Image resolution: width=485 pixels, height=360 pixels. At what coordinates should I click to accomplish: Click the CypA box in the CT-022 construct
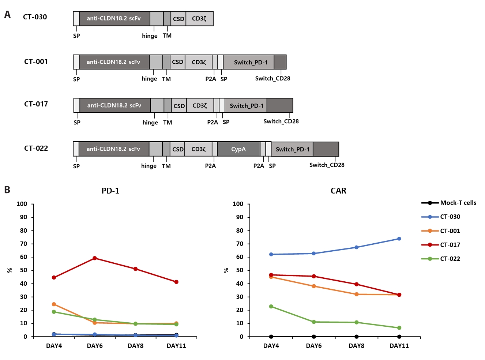pos(238,149)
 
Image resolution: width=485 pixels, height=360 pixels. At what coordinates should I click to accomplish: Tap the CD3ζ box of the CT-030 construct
pos(199,19)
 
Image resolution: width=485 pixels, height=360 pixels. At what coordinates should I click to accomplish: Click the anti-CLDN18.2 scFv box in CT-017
pos(114,105)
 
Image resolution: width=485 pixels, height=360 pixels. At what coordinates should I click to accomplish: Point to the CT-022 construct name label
pos(36,148)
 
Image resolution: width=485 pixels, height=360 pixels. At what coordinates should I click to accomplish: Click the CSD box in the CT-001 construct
pos(178,62)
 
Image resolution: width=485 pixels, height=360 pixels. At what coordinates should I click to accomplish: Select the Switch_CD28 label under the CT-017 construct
pos(281,121)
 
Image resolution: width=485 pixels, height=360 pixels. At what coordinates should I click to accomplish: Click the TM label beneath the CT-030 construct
pos(167,36)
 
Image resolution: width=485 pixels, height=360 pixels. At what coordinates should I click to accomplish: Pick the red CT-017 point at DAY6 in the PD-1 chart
pos(95,258)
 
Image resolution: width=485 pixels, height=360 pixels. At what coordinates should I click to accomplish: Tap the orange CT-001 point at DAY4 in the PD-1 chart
pos(54,304)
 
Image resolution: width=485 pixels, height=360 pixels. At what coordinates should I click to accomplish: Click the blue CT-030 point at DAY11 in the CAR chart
pos(399,239)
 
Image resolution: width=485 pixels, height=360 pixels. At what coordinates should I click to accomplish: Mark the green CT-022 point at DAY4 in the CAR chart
pos(271,307)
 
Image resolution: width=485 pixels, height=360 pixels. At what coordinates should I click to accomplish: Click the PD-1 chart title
pos(110,191)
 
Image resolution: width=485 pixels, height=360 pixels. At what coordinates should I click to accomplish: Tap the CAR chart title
pos(338,191)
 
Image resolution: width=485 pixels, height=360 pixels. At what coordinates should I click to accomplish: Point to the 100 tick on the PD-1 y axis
pos(22,204)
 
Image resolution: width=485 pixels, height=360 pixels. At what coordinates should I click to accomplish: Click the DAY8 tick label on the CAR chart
pos(356,346)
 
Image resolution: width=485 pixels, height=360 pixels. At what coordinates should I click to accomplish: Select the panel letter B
pos(7,190)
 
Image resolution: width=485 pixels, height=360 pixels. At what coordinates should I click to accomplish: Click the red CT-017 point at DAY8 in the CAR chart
pos(357,284)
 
